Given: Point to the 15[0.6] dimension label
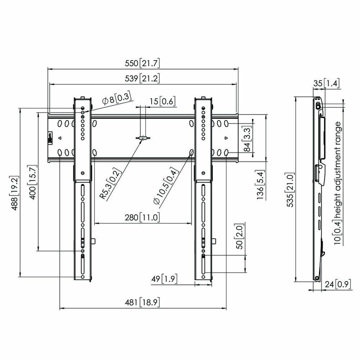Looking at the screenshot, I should (162, 101).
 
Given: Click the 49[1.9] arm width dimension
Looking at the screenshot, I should (164, 279).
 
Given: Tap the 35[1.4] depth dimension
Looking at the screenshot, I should (326, 83).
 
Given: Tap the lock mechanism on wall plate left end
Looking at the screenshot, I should (50, 138).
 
